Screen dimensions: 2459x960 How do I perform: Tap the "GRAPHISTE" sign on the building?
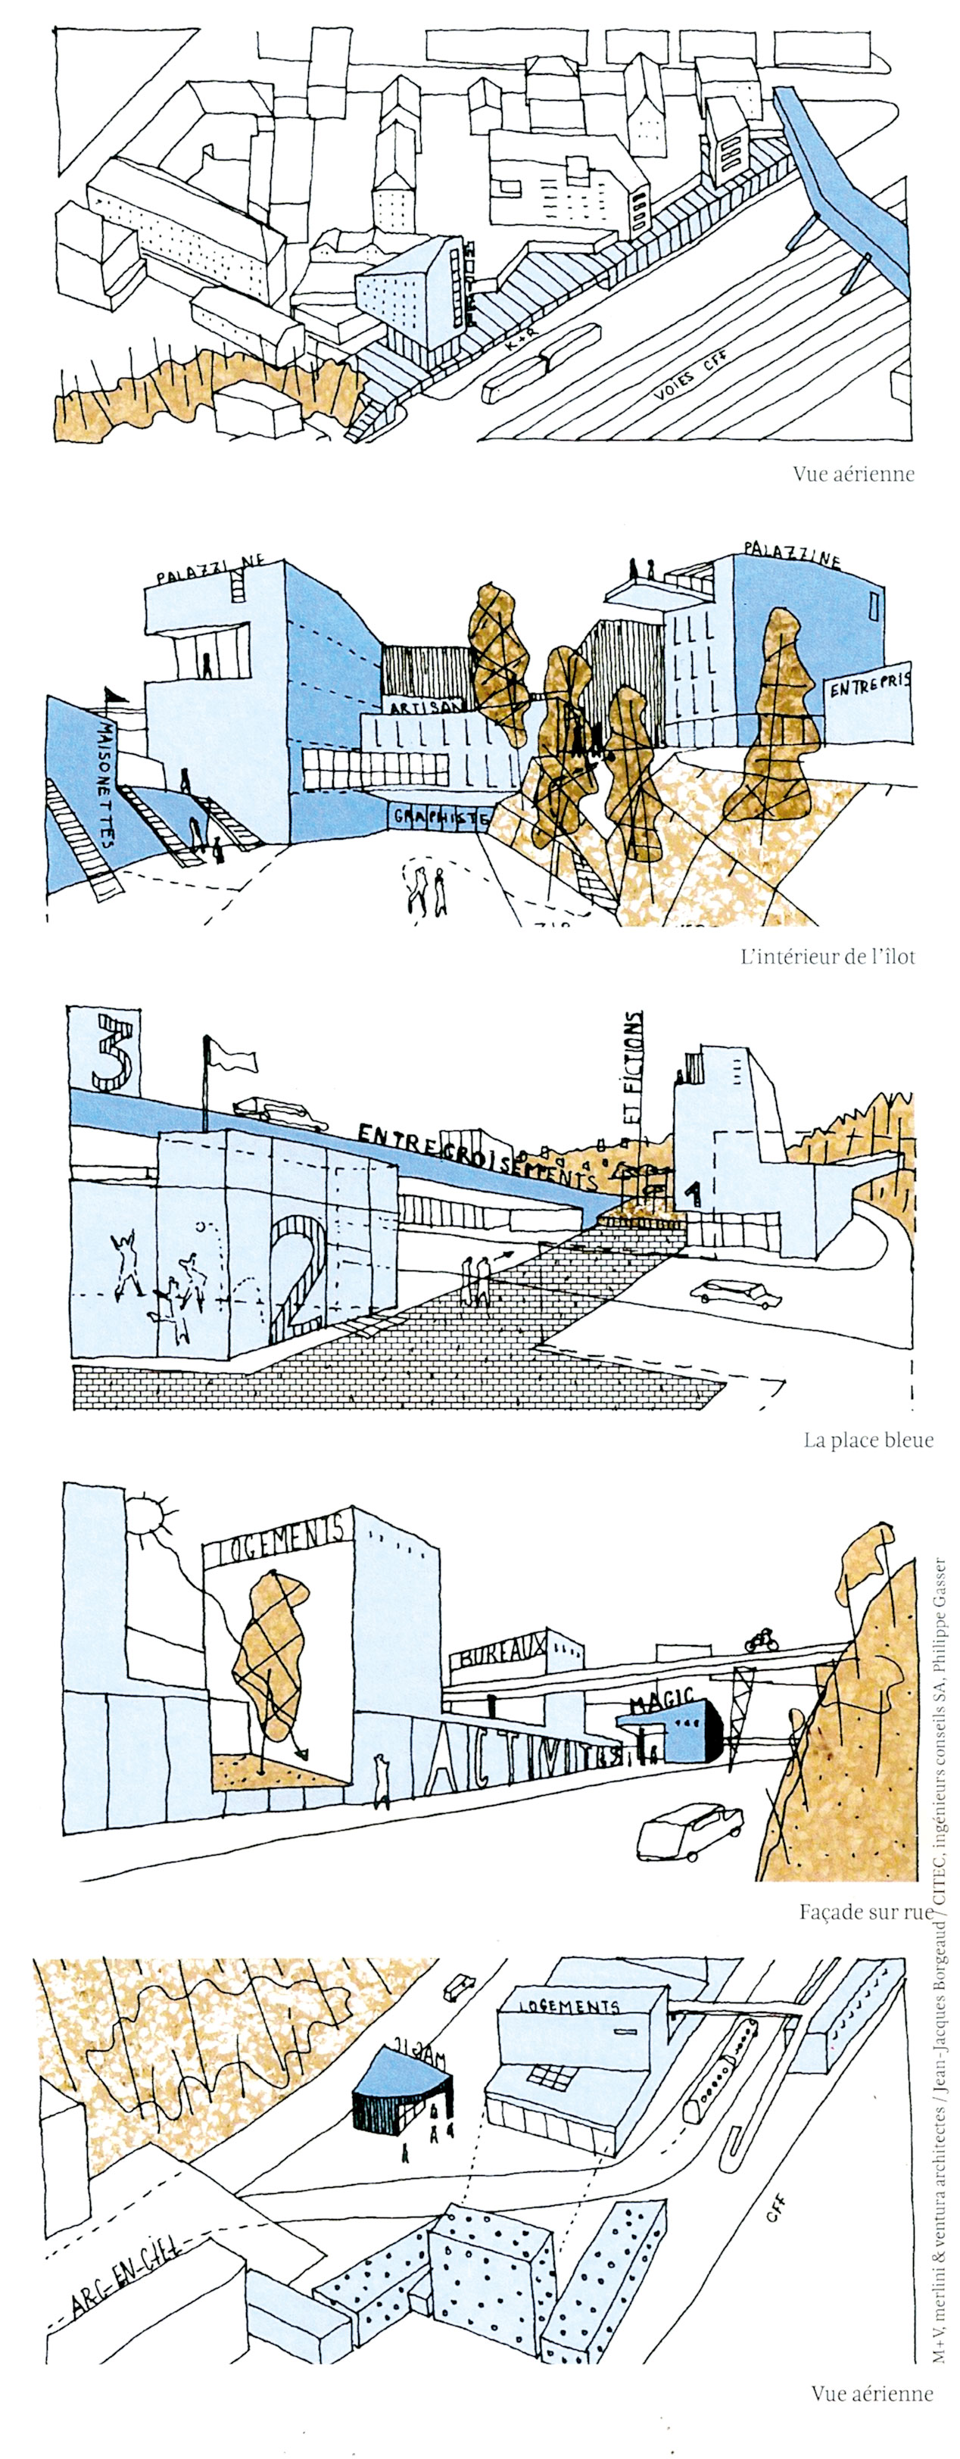click(x=441, y=817)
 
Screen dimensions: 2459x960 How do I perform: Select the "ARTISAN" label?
click(x=426, y=707)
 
